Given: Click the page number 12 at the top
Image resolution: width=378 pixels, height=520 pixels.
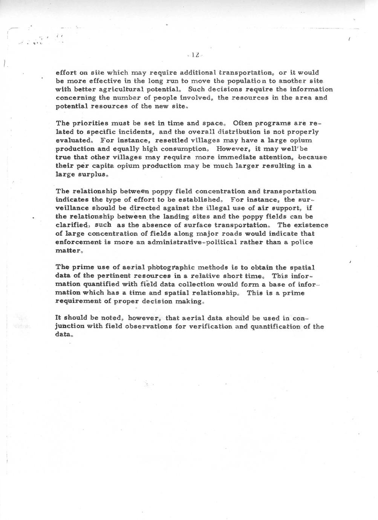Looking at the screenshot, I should point(195,55).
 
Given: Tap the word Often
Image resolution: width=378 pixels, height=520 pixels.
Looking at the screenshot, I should point(245,123).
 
